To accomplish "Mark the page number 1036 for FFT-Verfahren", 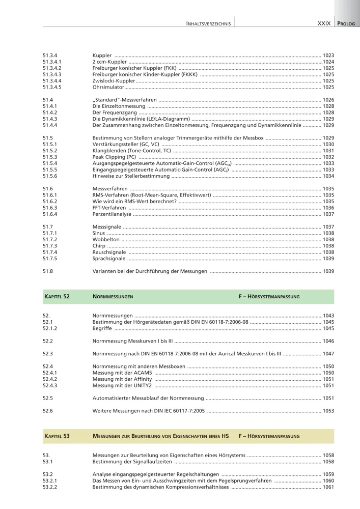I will [x=328, y=208].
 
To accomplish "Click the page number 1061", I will [x=328, y=487].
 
